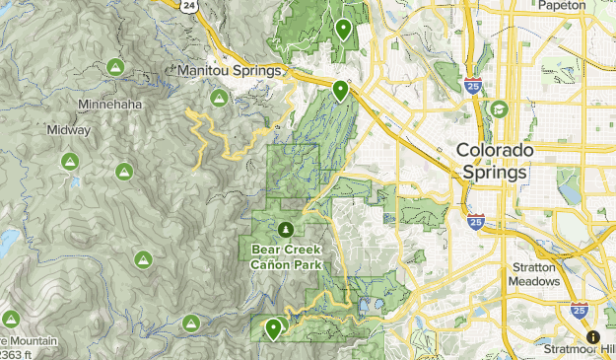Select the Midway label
point(68,129)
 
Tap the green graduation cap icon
point(500,109)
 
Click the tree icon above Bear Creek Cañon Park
point(286,230)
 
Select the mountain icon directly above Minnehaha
point(114,67)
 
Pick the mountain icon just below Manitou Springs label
point(219,98)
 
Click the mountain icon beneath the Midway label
point(69,161)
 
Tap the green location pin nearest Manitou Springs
point(340,91)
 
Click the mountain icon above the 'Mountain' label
point(11,319)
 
